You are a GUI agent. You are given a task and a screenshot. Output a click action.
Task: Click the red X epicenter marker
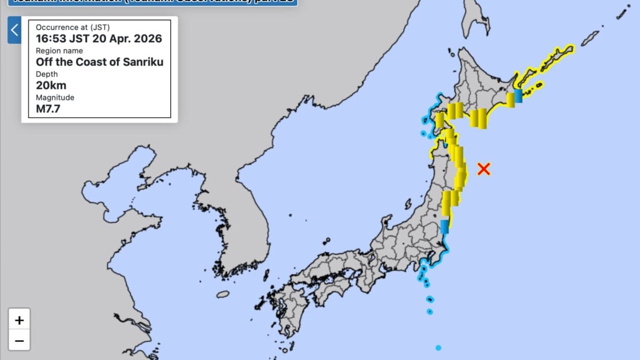(483, 169)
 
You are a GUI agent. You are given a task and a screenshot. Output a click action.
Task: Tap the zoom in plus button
(19, 320)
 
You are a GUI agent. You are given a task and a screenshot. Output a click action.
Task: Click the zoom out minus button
(19, 340)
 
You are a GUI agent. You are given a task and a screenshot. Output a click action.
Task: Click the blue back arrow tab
(14, 30)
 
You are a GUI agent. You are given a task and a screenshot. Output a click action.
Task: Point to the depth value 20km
(51, 85)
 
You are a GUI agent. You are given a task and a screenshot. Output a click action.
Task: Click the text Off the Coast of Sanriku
(99, 62)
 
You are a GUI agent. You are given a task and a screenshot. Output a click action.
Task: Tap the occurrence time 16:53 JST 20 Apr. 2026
(99, 38)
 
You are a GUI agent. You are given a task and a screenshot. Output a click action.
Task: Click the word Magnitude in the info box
(55, 98)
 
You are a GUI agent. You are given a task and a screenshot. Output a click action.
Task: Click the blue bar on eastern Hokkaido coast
(518, 96)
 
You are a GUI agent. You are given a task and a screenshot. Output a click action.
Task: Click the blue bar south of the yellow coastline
(444, 227)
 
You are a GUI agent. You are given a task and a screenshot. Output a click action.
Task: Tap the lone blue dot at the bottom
(438, 348)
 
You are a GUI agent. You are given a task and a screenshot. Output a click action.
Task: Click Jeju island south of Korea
(222, 294)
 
